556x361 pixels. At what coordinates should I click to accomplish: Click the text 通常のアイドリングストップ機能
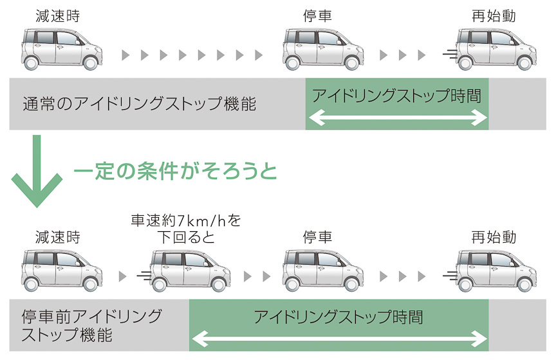[x=139, y=104]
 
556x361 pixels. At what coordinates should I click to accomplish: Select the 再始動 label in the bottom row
[x=494, y=236]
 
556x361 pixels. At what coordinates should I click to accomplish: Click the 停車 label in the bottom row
[x=317, y=236]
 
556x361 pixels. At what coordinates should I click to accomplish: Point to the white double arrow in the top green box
[x=397, y=118]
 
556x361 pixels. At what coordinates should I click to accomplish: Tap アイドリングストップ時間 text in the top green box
[x=397, y=96]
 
